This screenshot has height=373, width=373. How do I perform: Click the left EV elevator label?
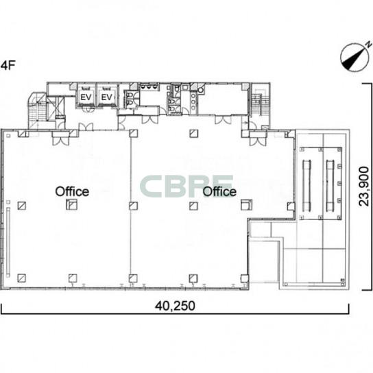click(86, 97)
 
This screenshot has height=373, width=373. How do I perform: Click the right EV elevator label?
click(106, 97)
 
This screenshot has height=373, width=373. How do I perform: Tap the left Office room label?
click(72, 191)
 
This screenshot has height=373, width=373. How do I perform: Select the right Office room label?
click(219, 191)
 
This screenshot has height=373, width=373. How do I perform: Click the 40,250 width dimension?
click(175, 306)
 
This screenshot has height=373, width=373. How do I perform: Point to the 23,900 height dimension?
click(364, 186)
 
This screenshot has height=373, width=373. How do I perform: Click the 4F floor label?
click(8, 65)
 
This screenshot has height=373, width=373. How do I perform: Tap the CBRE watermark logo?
click(186, 186)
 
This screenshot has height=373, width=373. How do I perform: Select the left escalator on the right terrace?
click(306, 184)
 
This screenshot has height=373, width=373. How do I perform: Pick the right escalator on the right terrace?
click(330, 184)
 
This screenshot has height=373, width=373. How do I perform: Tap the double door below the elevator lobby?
click(86, 127)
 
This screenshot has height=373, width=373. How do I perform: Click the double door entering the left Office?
click(61, 140)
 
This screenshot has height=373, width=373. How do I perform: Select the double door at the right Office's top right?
click(258, 140)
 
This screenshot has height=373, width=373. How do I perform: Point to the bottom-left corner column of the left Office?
click(22, 278)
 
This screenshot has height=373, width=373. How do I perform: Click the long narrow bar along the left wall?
click(8, 242)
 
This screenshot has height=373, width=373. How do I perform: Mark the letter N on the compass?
click(368, 44)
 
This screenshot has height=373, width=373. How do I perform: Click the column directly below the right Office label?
click(193, 206)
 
